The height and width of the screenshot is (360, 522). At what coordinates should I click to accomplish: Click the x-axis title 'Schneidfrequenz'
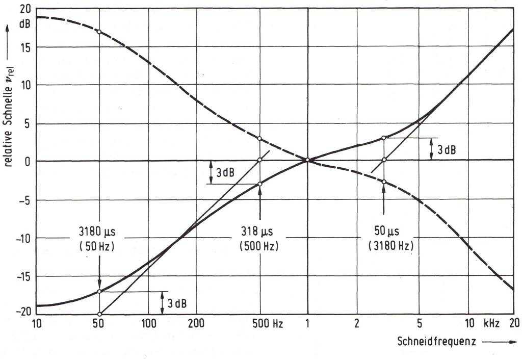[437, 342]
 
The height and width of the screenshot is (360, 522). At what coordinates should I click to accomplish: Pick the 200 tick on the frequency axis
[196, 323]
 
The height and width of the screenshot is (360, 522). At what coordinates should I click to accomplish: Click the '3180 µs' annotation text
[99, 232]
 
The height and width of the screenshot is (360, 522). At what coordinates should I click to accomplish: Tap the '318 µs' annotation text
[260, 232]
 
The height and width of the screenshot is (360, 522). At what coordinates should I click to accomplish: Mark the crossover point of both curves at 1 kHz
[307, 161]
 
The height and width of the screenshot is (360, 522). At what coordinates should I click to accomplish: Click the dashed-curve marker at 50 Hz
[99, 32]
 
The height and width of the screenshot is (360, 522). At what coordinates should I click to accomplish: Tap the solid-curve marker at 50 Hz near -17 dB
[99, 292]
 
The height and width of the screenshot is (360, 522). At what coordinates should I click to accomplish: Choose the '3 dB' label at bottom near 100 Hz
[177, 304]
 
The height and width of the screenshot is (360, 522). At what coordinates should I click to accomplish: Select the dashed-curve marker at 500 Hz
[260, 139]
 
